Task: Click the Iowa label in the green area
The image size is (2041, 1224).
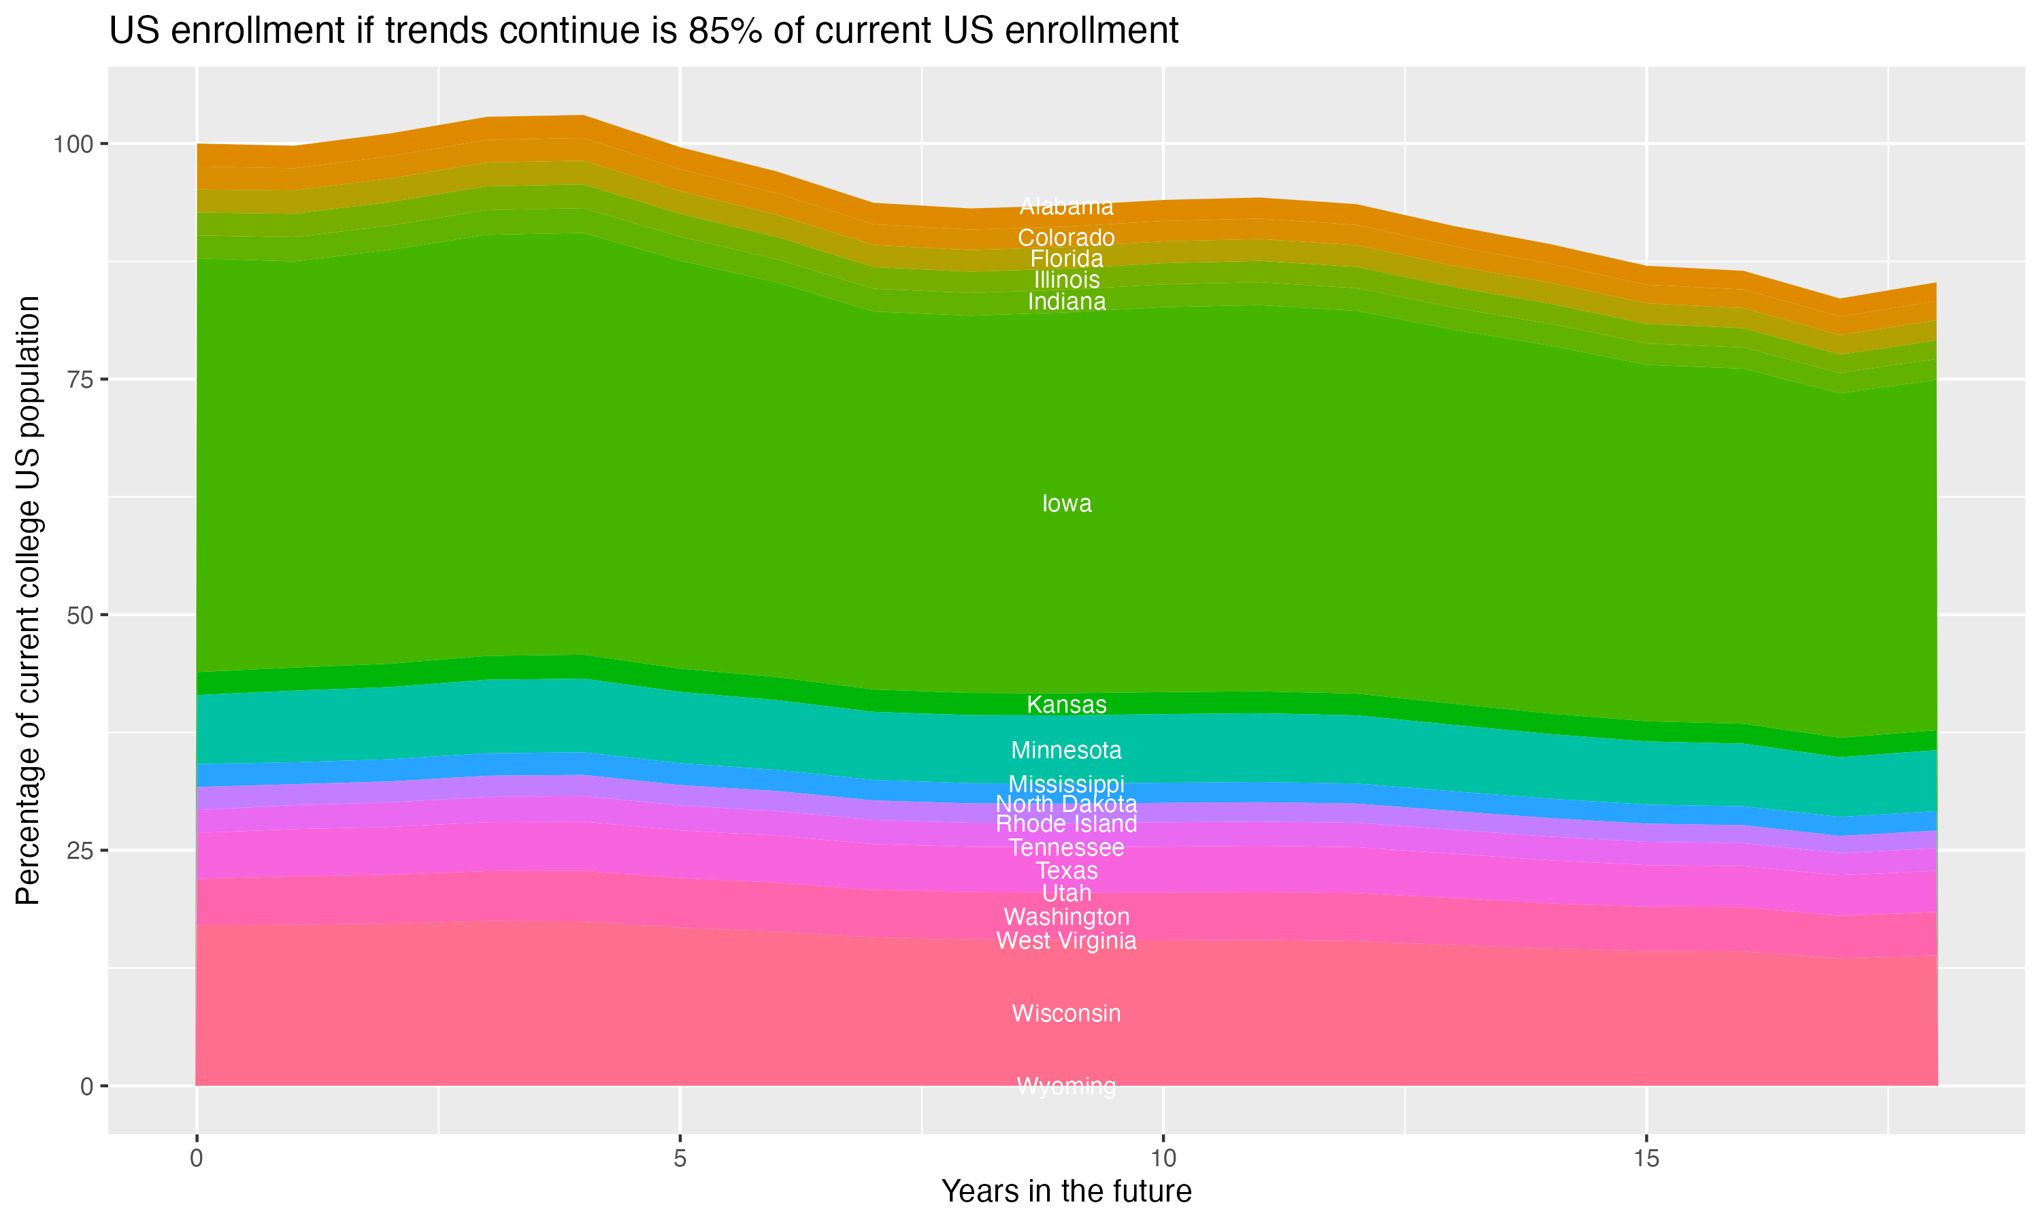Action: click(x=1066, y=504)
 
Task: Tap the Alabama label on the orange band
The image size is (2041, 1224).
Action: click(x=1066, y=206)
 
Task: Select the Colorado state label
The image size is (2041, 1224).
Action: click(x=1066, y=237)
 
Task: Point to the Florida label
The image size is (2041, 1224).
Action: click(x=1066, y=258)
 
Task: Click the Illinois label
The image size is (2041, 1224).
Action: click(x=1066, y=279)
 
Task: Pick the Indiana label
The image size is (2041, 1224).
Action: click(x=1066, y=302)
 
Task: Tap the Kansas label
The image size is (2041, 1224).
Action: click(x=1066, y=704)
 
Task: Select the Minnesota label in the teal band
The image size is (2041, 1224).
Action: click(x=1066, y=751)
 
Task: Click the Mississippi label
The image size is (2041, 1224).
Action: click(x=1066, y=783)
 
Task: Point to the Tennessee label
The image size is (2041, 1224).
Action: click(x=1066, y=848)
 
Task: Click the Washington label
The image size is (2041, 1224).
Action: click(x=1066, y=917)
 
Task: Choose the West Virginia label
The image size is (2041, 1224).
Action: click(x=1066, y=941)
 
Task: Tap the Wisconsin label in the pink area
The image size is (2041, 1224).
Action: click(x=1066, y=1014)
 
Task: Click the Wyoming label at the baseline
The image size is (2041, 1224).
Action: click(x=1066, y=1086)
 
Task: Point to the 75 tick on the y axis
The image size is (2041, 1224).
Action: click(x=78, y=379)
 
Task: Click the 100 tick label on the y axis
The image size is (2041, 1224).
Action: click(x=73, y=144)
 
